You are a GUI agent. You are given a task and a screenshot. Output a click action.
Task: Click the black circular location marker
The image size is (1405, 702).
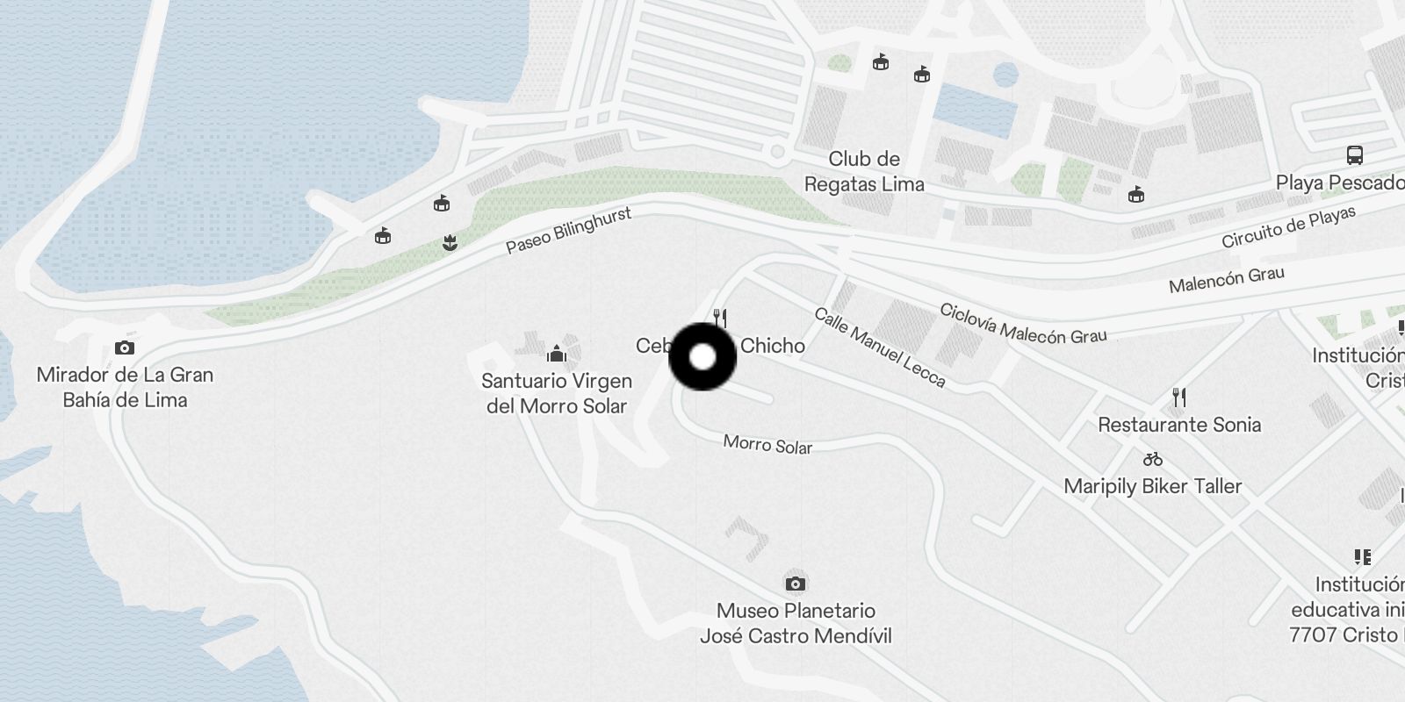click(702, 357)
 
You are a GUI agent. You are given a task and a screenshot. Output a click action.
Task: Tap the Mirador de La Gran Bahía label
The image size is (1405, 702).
click(125, 387)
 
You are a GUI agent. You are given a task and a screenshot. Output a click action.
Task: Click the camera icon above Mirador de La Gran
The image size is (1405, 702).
click(125, 348)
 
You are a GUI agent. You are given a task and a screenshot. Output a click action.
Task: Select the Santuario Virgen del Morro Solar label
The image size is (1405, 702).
click(557, 393)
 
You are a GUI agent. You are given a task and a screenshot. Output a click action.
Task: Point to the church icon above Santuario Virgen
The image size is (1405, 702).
click(556, 355)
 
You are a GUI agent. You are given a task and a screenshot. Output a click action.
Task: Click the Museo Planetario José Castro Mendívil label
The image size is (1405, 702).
click(796, 623)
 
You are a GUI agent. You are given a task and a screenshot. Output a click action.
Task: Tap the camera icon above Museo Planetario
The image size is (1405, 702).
click(796, 584)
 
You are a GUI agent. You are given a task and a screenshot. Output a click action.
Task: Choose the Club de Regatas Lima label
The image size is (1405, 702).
click(864, 171)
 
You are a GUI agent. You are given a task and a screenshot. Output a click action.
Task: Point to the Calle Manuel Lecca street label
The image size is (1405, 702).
click(880, 347)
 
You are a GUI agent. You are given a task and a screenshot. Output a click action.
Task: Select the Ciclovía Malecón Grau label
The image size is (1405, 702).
click(1023, 324)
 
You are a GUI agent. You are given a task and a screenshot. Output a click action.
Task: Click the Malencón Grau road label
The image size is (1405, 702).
click(1226, 280)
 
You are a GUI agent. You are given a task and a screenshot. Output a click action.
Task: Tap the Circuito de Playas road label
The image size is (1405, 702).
click(1288, 227)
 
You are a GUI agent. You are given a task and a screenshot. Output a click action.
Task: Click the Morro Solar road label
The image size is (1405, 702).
click(767, 444)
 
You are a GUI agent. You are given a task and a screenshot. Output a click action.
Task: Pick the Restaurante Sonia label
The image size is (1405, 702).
click(1179, 425)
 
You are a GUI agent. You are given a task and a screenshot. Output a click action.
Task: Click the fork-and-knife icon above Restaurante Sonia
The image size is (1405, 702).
click(1179, 398)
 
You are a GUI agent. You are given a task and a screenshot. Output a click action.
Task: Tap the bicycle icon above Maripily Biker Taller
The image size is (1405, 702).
click(1153, 459)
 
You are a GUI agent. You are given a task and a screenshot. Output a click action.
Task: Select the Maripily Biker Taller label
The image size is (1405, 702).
click(1153, 486)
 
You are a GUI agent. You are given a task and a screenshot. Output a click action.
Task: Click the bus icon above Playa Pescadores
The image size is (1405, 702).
click(1355, 156)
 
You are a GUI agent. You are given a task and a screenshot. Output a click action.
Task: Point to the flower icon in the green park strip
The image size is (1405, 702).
click(450, 243)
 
